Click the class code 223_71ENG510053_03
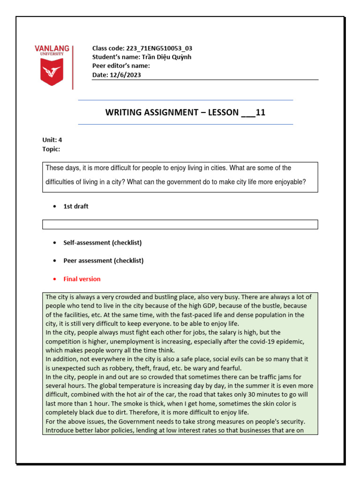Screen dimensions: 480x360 click(159, 48)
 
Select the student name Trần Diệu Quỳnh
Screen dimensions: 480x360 click(167, 57)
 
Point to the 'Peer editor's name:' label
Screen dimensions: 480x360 click(121, 66)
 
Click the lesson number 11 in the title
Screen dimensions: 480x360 click(261, 112)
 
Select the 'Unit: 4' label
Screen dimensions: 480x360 click(52, 140)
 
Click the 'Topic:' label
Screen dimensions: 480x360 click(51, 149)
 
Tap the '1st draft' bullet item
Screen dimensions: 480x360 click(75, 207)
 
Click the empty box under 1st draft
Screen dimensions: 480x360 click(180, 225)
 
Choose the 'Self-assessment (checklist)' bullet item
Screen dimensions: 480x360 click(102, 243)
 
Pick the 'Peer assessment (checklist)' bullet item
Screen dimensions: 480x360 click(103, 261)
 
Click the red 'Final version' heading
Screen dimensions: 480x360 click(82, 279)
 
